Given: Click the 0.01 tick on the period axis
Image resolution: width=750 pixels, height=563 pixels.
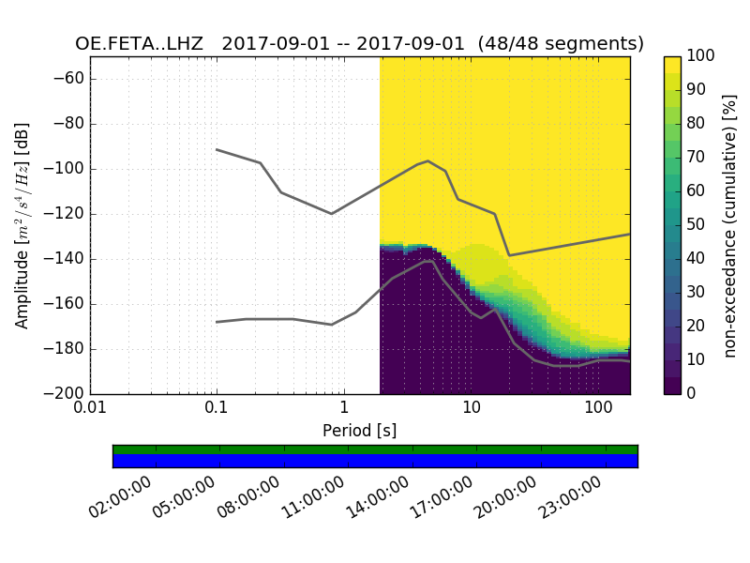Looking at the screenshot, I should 90,408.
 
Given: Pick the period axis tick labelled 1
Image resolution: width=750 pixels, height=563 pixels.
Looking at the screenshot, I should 344,408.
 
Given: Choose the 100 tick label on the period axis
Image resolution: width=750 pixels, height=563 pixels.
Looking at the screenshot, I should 598,408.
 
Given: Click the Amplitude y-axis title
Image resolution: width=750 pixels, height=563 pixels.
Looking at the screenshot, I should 22,225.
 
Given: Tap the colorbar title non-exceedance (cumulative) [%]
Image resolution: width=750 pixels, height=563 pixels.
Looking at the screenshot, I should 730,225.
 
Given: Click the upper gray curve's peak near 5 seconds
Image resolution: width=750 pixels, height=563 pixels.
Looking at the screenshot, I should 428,160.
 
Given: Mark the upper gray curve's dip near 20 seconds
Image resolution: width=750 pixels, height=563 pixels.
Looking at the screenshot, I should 509,255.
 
